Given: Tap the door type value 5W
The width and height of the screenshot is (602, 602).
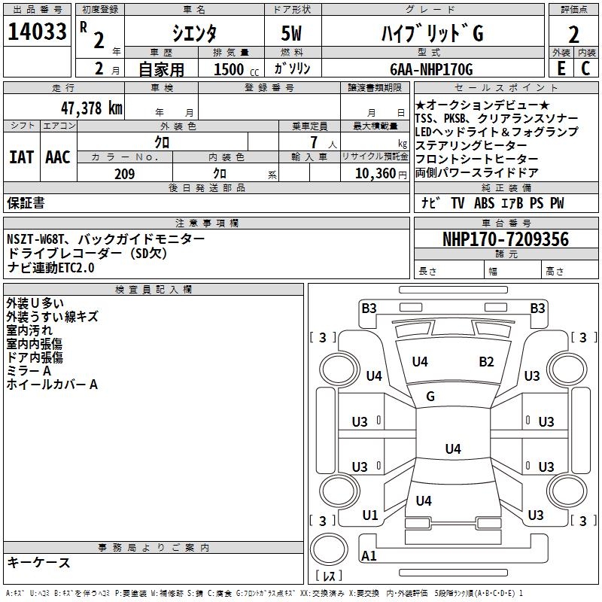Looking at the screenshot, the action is point(293,34).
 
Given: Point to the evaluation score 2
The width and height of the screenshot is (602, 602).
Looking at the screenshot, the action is point(573,34).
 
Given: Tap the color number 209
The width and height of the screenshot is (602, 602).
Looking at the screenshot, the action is point(124,174).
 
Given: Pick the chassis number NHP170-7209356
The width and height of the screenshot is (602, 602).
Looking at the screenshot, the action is point(506,240).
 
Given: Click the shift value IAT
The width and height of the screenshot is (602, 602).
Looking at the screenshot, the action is point(21,157).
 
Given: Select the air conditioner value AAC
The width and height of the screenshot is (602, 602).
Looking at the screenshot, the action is point(58,157).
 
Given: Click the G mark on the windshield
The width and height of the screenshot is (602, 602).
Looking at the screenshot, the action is point(430,397).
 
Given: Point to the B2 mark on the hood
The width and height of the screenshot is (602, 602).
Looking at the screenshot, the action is point(486,362).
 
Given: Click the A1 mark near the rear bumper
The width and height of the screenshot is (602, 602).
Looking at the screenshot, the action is point(369,556).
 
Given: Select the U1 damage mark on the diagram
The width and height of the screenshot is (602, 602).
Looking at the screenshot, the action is point(369,515).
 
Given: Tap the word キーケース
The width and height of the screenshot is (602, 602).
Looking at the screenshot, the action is point(39,562).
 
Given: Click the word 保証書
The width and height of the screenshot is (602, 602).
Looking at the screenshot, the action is point(26,203).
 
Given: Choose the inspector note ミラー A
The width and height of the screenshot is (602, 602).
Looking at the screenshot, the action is point(29,371).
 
